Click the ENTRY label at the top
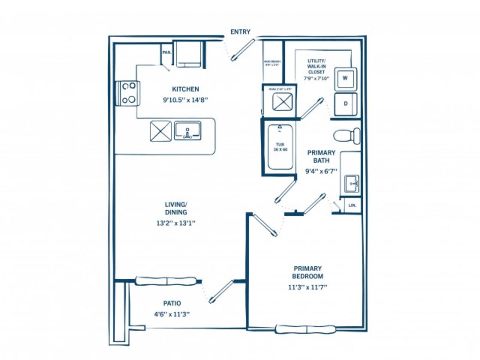(x=240, y=32)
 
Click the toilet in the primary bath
(x=347, y=136)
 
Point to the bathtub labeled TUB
(x=280, y=147)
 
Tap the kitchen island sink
(x=187, y=131)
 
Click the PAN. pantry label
(x=167, y=52)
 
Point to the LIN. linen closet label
(x=352, y=205)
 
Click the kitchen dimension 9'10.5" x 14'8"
(x=185, y=100)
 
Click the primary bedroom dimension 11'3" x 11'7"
(x=307, y=287)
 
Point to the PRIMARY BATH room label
(x=321, y=156)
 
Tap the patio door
(x=221, y=291)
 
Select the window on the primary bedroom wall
(x=306, y=329)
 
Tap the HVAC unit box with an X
(x=283, y=100)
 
